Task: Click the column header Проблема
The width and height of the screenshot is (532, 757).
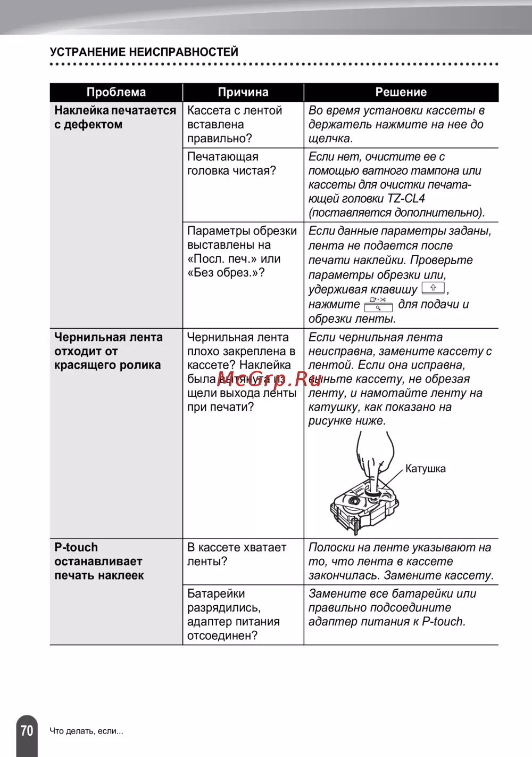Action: [116, 92]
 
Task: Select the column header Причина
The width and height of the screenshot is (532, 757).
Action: [243, 92]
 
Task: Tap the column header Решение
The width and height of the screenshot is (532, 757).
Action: [401, 92]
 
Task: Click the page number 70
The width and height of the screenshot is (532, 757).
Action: [27, 730]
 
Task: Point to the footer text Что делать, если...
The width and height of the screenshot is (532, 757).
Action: [86, 731]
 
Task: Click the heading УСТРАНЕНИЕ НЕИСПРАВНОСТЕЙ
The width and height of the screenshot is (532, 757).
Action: [144, 52]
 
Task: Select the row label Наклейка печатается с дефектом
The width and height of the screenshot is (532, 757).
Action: [115, 117]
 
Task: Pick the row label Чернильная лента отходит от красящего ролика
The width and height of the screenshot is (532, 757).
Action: [108, 351]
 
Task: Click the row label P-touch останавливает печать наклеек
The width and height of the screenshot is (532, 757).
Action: [99, 561]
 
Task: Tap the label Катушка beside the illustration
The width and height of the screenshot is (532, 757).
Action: [425, 469]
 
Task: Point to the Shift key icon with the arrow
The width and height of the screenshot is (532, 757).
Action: [433, 288]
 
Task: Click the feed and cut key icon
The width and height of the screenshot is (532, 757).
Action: [378, 304]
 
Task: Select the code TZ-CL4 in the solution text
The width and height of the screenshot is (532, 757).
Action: [406, 199]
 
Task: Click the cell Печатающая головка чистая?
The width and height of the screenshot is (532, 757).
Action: [231, 164]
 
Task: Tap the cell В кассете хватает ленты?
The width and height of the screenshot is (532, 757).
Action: [237, 555]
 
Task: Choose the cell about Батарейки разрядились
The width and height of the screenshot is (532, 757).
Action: [233, 615]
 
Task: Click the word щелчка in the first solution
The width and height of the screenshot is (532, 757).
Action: [330, 139]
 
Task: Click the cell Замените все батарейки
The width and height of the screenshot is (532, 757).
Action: [392, 608]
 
